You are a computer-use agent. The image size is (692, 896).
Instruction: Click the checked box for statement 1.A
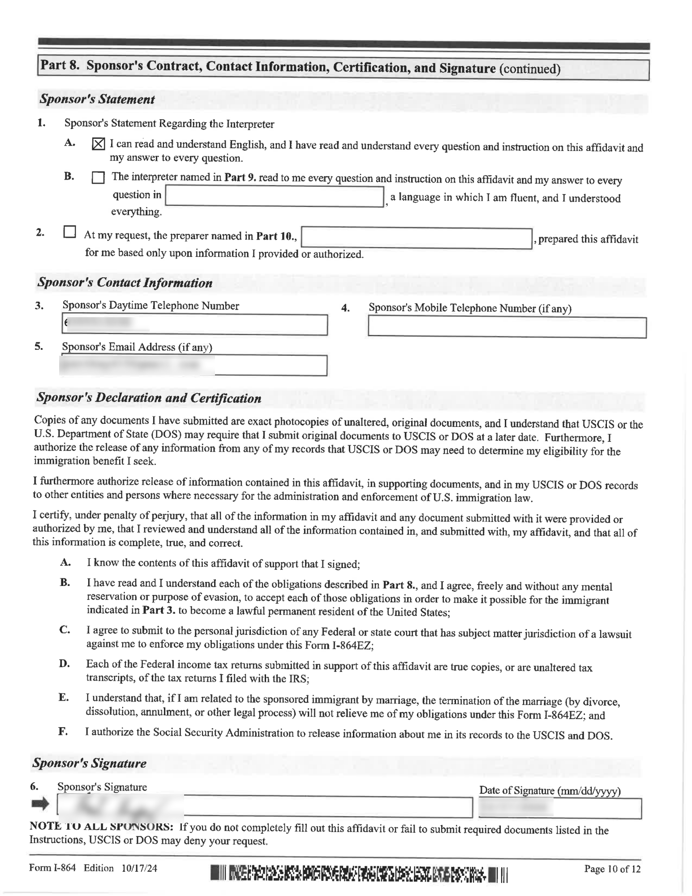coord(99,144)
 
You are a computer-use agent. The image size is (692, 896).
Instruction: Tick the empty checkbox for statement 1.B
coord(98,178)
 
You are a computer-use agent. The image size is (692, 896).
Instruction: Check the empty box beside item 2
coord(69,232)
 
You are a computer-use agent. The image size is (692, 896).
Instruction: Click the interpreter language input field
coord(275,197)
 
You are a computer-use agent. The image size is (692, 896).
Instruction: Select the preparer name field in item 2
coord(416,238)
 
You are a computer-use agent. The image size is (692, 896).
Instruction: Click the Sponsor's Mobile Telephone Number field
coord(507,327)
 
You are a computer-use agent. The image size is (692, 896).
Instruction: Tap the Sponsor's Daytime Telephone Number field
coord(194,324)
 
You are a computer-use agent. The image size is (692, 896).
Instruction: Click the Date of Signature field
coord(560,808)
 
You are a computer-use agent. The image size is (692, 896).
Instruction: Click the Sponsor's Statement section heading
coord(97,99)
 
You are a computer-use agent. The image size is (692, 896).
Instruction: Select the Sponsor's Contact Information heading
coord(125,283)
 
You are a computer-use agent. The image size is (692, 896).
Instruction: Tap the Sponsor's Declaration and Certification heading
coord(149,398)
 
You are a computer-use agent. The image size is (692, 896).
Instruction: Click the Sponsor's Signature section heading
coord(90,763)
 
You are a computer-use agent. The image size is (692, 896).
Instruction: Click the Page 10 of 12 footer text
coord(612,869)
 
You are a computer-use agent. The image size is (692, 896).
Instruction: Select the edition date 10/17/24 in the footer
coord(139,868)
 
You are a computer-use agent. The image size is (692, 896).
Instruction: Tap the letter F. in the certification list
coord(63,732)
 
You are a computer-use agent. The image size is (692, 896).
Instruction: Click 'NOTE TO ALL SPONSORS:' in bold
coord(101,826)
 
